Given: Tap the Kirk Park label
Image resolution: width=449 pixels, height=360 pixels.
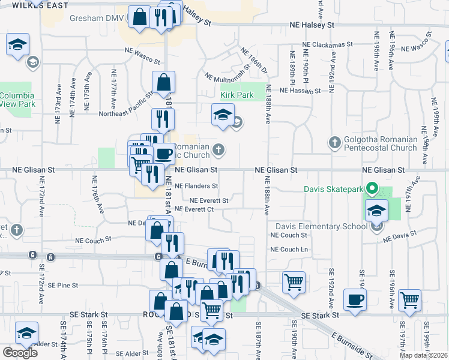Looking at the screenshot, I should coord(237,95).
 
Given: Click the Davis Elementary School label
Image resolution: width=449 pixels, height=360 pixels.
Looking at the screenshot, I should coord(321,226).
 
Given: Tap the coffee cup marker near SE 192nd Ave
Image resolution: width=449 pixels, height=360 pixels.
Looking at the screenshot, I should coord(355,299).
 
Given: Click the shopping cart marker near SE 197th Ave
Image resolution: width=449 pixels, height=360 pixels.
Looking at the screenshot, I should coord(410,299).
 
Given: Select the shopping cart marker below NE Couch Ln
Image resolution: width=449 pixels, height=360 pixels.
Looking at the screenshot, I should coord(294,281).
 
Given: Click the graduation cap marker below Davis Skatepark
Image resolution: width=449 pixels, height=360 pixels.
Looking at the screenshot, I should coord(376,210).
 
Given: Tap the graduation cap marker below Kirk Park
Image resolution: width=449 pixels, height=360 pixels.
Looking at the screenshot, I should coord(223,115).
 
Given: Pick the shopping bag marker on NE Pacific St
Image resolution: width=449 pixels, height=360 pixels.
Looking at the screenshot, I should coord(163,82).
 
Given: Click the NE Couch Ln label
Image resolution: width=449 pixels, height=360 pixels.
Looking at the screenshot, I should coord(289,249).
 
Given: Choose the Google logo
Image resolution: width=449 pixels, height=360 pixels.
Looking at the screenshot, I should coord(20,353).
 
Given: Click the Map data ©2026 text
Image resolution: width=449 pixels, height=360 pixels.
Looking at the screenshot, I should coord(423,355).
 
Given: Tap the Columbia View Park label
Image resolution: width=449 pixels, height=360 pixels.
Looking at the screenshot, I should coord(18,100).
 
